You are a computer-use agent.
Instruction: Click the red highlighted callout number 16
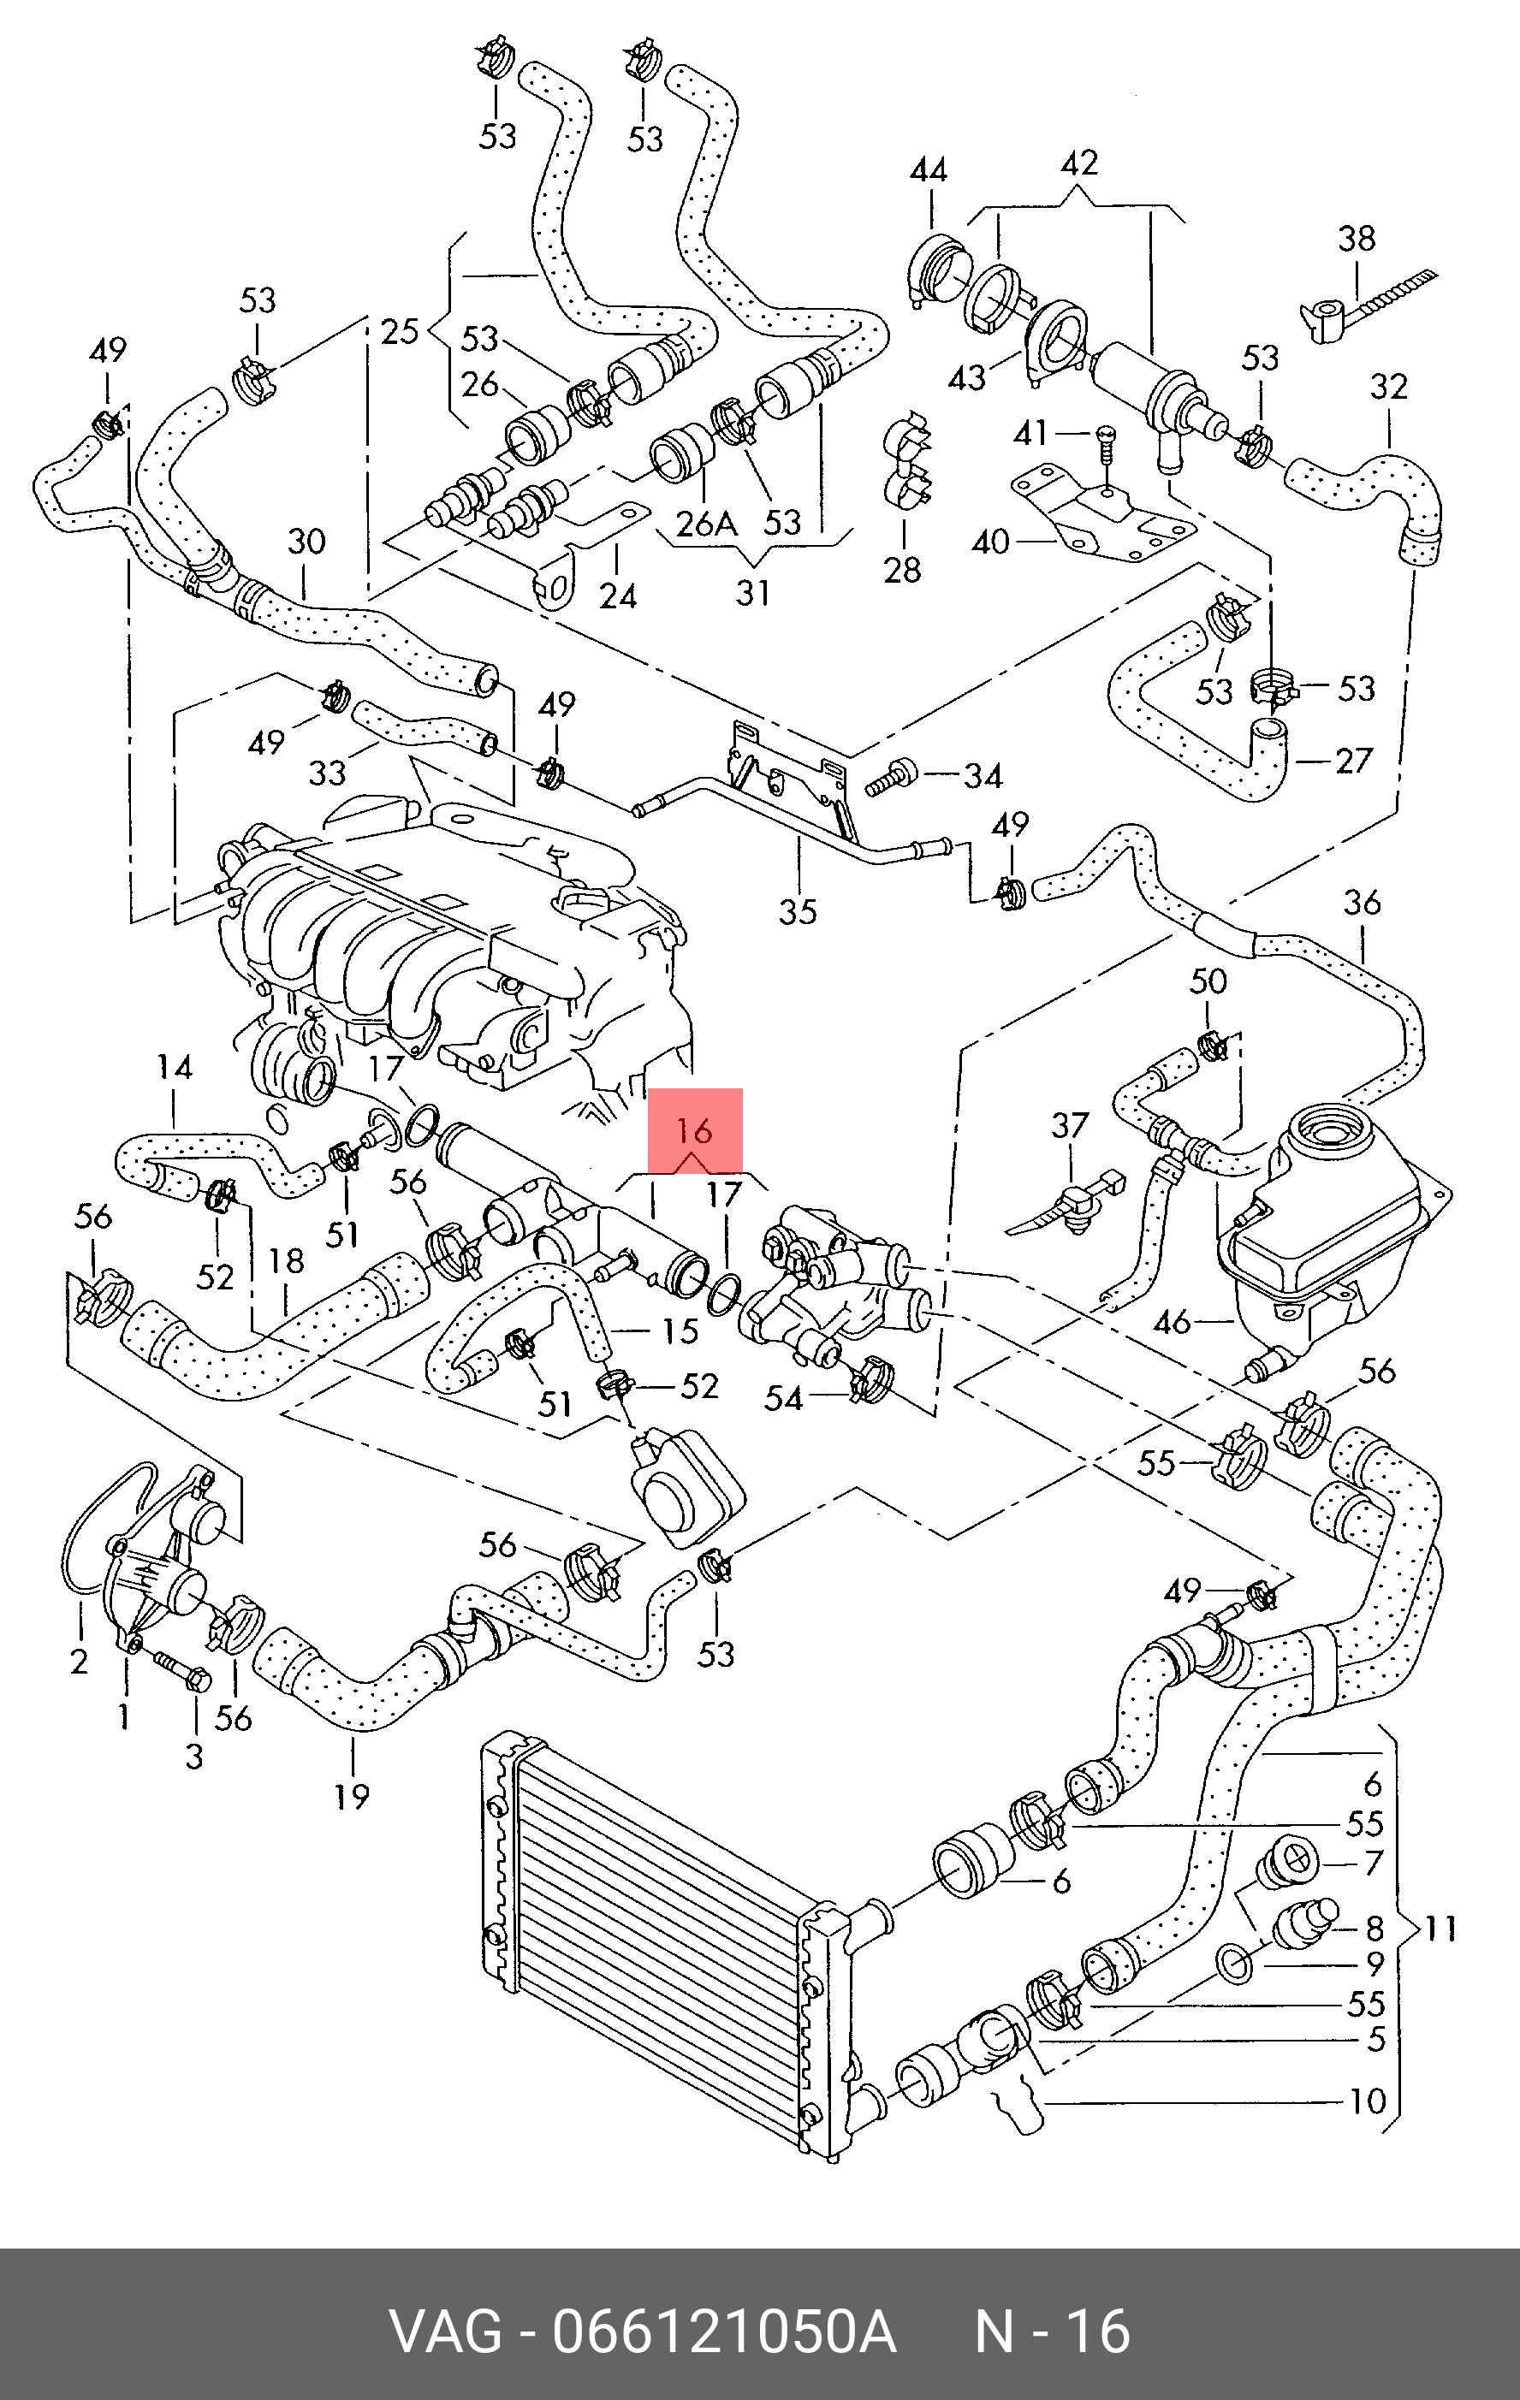coord(694,1131)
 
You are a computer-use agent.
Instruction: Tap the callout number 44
coord(928,171)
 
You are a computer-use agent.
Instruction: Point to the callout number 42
coord(1078,163)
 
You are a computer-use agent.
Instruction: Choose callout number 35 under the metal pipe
coord(798,911)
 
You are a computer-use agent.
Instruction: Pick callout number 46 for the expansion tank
coord(1171,1322)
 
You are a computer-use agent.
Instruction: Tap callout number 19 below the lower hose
coord(351,1796)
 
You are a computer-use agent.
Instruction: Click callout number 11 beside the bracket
coord(1440,1928)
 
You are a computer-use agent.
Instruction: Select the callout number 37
coord(1070,1125)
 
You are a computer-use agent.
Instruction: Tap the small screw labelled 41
coord(1104,443)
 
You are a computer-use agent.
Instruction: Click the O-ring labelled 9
coord(1236,1964)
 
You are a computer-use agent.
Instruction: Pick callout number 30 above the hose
coord(306,542)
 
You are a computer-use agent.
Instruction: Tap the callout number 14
coord(175,1069)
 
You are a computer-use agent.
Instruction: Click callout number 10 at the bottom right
coord(1368,2102)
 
